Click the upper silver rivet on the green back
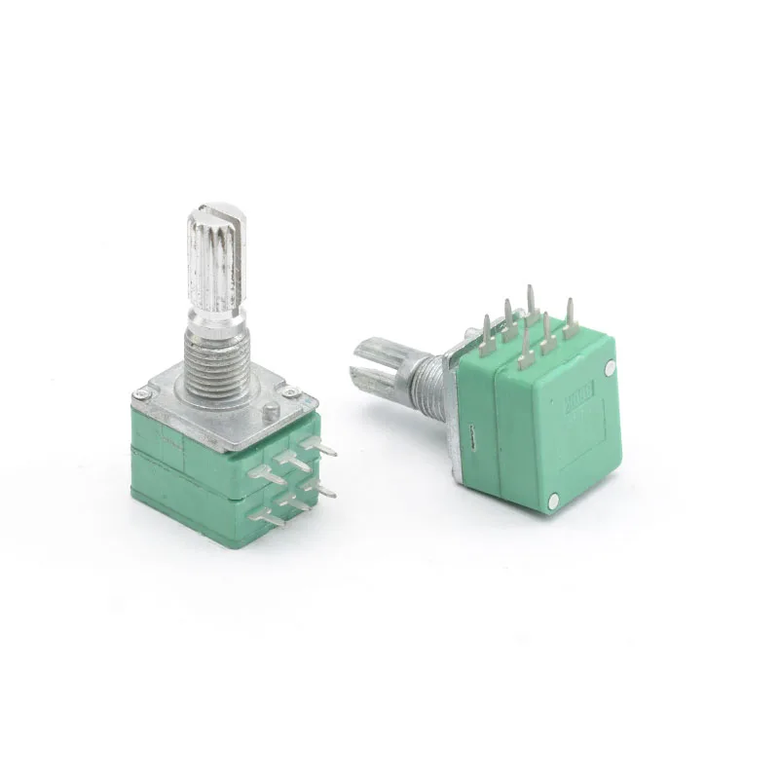611,368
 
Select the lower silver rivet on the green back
554,501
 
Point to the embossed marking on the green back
575,404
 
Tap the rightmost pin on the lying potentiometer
571,317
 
